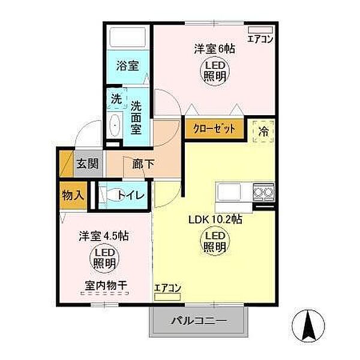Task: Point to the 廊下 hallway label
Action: pyautogui.click(x=136, y=163)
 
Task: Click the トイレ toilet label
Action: pyautogui.click(x=130, y=195)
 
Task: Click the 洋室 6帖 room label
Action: pyautogui.click(x=214, y=49)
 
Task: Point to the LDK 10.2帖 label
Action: pyautogui.click(x=214, y=220)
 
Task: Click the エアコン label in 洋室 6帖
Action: pyautogui.click(x=260, y=40)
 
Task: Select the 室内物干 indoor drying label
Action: pyautogui.click(x=106, y=286)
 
